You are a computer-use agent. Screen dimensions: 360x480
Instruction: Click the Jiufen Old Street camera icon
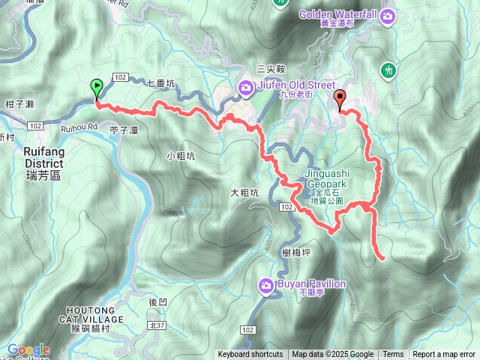(x=246, y=89)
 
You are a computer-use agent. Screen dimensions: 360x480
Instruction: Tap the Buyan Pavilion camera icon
(x=265, y=285)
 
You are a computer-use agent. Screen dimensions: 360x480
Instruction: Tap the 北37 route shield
(x=156, y=324)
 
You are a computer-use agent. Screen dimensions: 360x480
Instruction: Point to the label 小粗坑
(x=181, y=156)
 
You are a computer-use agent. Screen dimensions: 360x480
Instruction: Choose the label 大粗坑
(x=244, y=193)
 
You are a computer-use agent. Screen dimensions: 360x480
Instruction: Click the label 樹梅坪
(x=297, y=253)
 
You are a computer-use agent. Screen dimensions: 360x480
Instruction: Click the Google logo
(x=28, y=349)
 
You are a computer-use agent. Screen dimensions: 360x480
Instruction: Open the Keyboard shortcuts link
(x=250, y=355)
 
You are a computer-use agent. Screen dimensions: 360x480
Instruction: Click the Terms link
(x=393, y=355)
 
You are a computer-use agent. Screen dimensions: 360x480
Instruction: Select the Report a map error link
(x=444, y=355)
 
